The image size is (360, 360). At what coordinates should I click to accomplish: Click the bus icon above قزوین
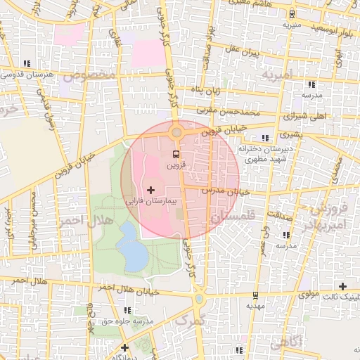[176, 154]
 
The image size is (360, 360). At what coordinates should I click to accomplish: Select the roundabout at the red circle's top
[176, 132]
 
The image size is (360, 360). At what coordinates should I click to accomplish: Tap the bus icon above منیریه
[291, 14]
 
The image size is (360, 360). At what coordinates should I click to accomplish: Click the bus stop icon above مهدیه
[255, 295]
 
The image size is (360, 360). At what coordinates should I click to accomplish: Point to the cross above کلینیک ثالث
[342, 286]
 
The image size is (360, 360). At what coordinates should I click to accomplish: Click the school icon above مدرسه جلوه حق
[127, 309]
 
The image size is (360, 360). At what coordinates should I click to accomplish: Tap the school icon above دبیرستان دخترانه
[265, 138]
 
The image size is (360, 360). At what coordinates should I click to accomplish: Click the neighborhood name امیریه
[276, 74]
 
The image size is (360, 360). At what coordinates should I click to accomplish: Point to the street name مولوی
[309, 292]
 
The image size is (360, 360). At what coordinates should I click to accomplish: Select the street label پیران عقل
[244, 52]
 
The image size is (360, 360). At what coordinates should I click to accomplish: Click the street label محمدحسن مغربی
[237, 112]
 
